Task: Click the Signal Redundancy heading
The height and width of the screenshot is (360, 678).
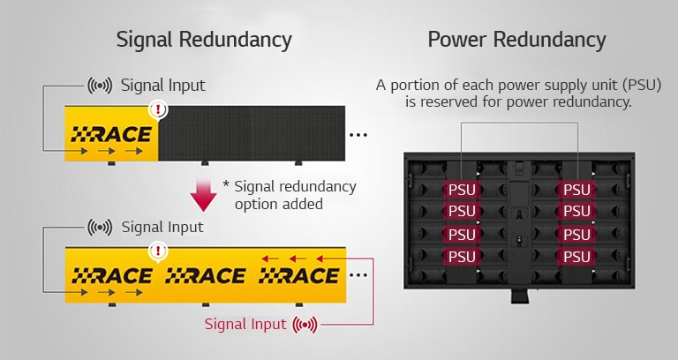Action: coord(204,40)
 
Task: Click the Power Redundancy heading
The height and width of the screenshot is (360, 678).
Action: coord(516,40)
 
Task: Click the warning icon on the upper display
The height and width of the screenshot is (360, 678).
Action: coord(158,110)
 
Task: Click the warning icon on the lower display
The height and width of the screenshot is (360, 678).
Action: coord(158,251)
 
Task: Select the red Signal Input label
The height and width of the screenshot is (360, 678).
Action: coord(245,324)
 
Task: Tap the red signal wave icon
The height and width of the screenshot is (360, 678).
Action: coord(305,325)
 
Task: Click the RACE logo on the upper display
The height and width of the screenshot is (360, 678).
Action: coord(111,135)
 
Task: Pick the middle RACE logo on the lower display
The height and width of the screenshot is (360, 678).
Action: coord(205,276)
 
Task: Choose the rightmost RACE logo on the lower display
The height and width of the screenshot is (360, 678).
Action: coord(298,276)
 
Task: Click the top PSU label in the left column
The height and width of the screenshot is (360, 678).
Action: coord(462,190)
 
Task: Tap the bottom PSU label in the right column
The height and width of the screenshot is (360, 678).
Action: coord(576,256)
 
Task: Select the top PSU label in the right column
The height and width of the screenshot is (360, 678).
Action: coord(576,190)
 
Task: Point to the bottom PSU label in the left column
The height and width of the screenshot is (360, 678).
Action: coord(462,256)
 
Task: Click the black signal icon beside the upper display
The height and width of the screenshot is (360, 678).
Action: coord(100,86)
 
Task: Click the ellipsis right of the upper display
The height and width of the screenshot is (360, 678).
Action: coord(358,135)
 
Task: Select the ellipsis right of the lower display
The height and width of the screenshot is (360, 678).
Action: coord(358,275)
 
